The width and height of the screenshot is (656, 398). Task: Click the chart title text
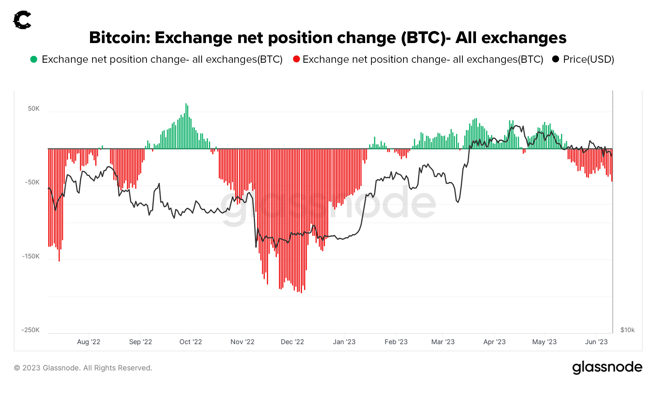point(328,38)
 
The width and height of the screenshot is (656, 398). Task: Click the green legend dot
point(34,59)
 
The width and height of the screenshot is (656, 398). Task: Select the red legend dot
point(296,59)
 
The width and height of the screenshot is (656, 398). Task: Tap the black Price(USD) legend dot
point(555,59)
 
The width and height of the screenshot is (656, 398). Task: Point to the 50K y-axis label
point(34,109)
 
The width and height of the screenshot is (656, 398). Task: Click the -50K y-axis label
point(32,182)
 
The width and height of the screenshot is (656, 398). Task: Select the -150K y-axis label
point(31,256)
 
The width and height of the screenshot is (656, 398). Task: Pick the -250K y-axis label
point(31,330)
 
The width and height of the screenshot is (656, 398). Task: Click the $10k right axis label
point(627,330)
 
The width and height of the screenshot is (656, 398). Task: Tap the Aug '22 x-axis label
point(89,342)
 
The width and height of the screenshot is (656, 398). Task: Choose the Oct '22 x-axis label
point(191,342)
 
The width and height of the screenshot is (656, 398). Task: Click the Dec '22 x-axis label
point(292,342)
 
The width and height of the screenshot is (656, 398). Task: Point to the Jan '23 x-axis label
point(344,342)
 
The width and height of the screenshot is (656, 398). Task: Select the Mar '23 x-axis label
point(443,342)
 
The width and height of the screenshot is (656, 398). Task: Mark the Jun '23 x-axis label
point(596,342)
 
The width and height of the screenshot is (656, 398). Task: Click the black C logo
point(22,20)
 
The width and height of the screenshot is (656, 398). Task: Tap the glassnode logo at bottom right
point(607,367)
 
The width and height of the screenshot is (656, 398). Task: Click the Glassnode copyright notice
point(83,368)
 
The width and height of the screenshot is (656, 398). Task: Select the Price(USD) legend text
point(589,59)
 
